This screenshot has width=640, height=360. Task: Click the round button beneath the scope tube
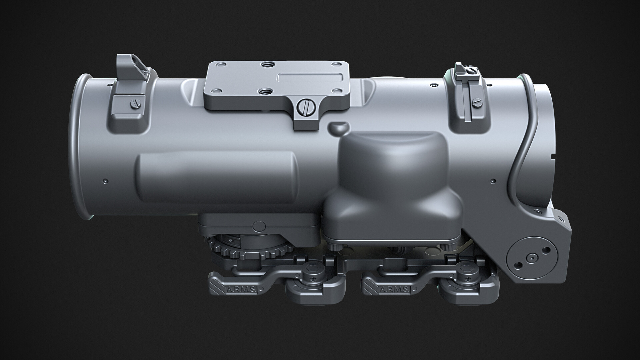pyautogui.click(x=259, y=226)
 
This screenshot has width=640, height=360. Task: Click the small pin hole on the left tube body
pyautogui.click(x=106, y=181)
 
